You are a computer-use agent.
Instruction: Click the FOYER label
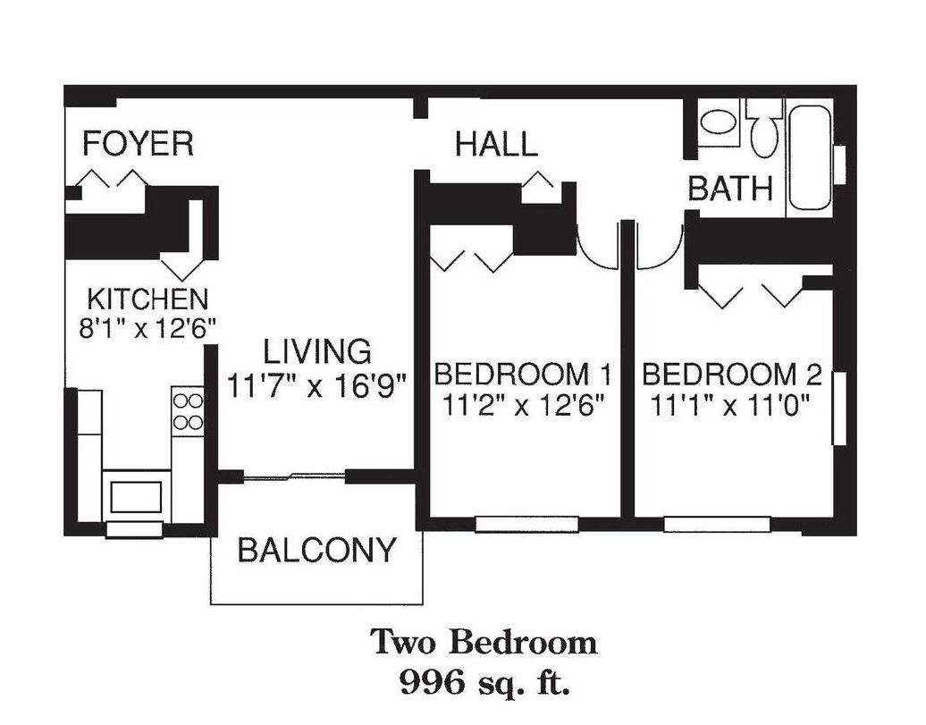point(139,144)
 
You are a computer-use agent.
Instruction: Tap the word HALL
point(497,144)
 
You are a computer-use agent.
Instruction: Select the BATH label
point(730,190)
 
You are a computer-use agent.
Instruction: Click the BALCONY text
point(316,550)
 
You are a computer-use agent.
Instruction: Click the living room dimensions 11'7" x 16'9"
point(317,386)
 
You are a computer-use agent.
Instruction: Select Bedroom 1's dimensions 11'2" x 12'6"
point(523,406)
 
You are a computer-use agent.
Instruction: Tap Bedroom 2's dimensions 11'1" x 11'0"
point(730,406)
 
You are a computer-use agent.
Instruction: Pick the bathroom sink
point(718,122)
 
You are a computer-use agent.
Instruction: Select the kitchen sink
point(137,497)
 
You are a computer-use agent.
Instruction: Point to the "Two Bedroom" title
point(484,642)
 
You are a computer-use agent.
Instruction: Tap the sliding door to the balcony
point(294,476)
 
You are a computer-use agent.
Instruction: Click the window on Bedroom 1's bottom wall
point(526,524)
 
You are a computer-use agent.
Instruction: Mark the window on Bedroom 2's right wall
point(839,408)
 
